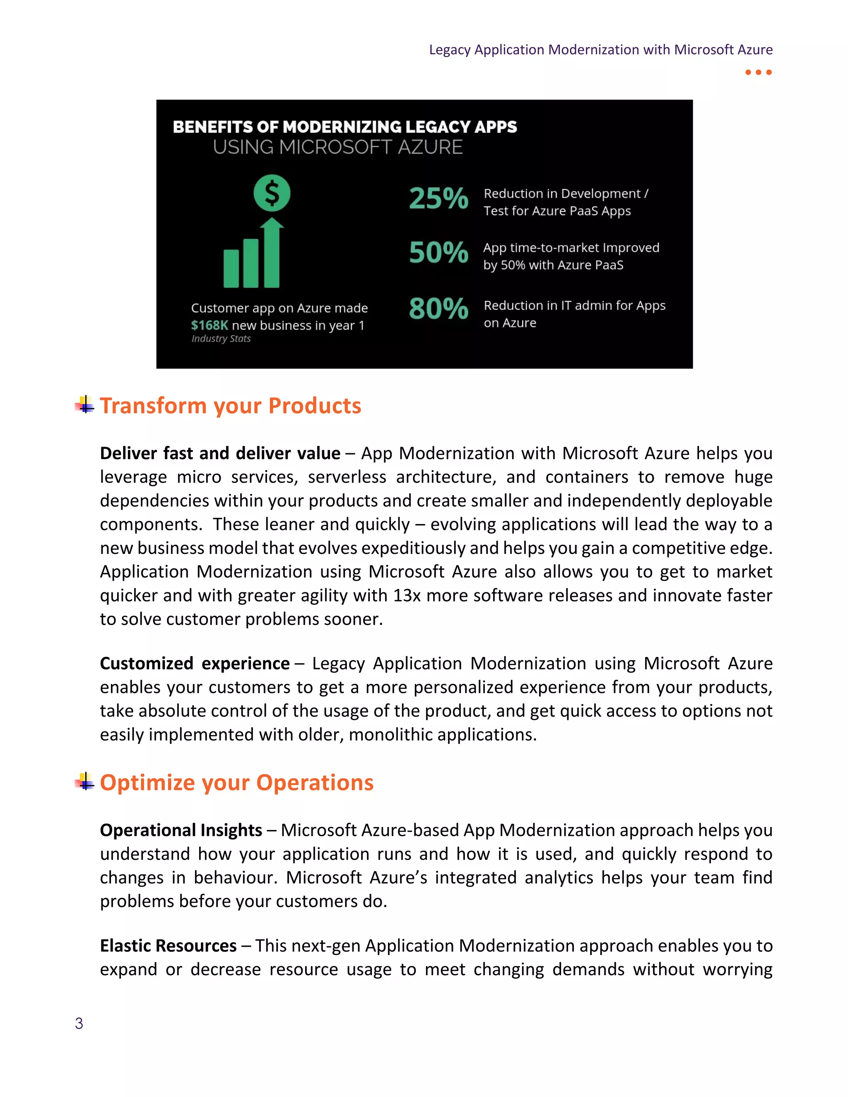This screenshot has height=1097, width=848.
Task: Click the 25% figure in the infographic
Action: (x=438, y=198)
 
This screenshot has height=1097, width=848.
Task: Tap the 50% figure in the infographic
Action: (x=438, y=252)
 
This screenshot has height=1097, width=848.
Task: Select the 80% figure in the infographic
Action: (x=438, y=308)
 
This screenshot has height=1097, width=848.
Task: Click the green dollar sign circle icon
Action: (x=272, y=193)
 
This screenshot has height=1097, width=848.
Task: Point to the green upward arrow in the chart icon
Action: (x=272, y=251)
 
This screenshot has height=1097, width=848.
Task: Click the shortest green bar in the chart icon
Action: (x=231, y=269)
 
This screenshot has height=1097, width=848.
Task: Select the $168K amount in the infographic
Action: (x=210, y=325)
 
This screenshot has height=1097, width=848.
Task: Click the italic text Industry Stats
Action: (x=221, y=339)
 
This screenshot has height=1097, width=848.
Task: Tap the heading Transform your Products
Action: (x=230, y=406)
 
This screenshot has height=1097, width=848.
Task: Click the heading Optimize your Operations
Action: (x=236, y=782)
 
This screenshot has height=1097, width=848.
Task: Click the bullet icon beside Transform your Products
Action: (x=85, y=404)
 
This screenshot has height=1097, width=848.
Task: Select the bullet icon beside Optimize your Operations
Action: (x=85, y=781)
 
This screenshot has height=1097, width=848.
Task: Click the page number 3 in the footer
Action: (x=79, y=1023)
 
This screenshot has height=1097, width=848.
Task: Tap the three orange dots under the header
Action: (x=758, y=72)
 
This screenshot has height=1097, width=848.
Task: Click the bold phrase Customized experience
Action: (x=195, y=664)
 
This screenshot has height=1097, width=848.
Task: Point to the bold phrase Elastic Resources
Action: (x=168, y=946)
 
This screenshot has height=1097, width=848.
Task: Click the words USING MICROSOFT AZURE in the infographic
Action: (x=337, y=147)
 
